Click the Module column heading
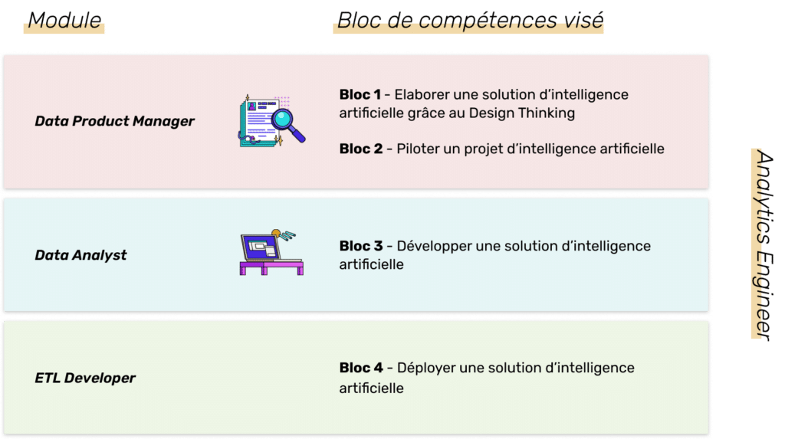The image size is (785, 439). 64,21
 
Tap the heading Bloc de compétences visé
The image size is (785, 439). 470,21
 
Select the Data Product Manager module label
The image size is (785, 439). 115,121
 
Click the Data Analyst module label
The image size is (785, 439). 80,255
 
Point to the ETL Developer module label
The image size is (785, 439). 85,378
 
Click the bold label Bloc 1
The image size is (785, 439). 360,94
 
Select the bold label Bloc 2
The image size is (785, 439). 361,149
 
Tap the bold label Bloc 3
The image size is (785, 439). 361,246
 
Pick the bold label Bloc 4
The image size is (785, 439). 361,368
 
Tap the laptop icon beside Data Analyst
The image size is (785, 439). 271,252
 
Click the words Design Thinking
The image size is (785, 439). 521,113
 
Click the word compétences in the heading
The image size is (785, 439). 487,21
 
